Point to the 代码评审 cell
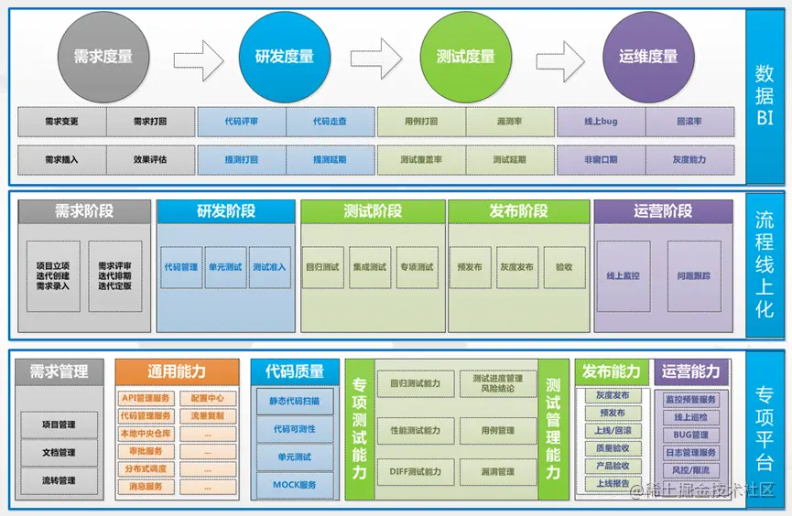241,121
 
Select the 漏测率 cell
509,121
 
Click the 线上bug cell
601,121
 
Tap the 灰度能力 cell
689,159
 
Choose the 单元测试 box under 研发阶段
226,267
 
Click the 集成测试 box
370,267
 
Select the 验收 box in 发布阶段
564,267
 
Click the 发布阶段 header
519,211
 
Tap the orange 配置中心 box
208,398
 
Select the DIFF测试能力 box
415,472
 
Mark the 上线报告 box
612,484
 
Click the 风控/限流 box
691,470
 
